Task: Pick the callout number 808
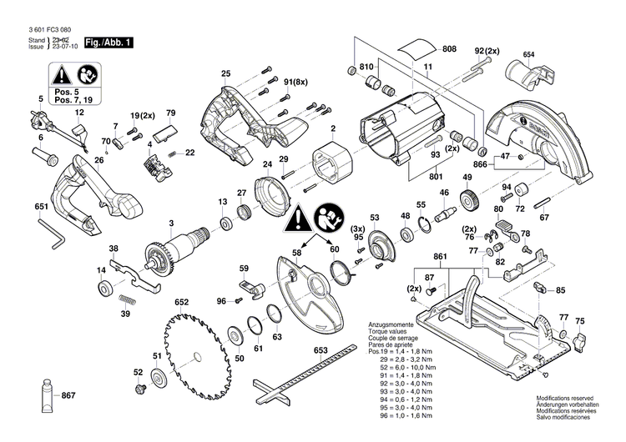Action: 449,50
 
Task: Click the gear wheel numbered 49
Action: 468,200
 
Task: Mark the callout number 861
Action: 442,255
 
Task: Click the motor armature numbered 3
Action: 179,247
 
